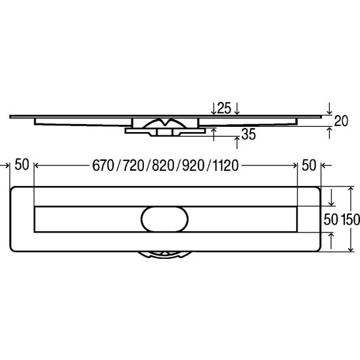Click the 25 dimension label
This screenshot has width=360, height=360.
coord(224,108)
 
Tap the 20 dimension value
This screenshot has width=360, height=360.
coord(341,121)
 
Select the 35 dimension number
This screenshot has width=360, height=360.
coord(248,135)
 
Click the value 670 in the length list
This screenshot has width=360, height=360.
coord(103,166)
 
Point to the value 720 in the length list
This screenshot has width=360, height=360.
coord(133,166)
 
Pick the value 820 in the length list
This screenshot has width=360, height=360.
coord(163,166)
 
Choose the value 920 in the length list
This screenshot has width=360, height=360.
coord(193,166)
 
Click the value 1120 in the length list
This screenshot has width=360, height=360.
coord(226,166)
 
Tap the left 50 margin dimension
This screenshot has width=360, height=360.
coord(22,165)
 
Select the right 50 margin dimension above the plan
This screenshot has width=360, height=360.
coord(309,166)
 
